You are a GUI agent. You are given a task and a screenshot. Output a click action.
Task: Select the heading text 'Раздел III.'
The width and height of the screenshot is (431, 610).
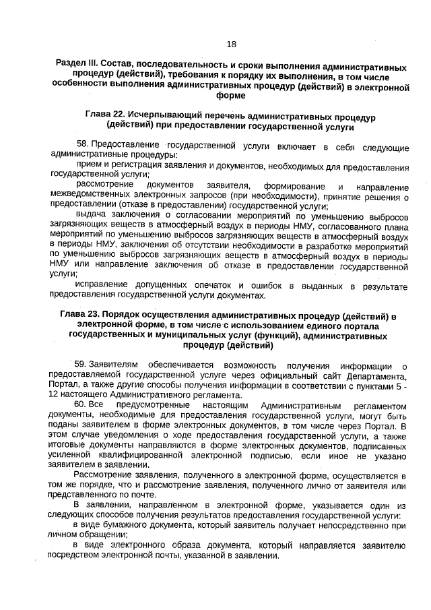[79, 69]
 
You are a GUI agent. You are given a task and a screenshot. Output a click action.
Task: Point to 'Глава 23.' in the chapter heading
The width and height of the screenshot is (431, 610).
[79, 315]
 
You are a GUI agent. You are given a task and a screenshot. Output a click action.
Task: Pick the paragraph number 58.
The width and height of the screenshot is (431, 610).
[83, 145]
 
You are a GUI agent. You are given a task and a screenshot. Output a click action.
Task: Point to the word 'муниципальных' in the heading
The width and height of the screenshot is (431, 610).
[214, 335]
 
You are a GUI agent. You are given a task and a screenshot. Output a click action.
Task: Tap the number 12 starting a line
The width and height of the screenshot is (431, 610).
[55, 396]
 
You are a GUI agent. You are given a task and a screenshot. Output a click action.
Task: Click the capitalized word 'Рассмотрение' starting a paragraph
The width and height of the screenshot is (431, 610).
[102, 477]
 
